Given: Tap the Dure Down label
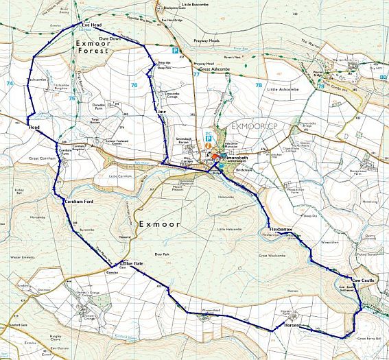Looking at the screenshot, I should [x=109, y=38].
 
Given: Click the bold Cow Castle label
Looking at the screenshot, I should [x=364, y=281].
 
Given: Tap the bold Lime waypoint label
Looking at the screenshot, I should [x=161, y=111].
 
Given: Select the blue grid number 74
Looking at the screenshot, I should [x=10, y=83].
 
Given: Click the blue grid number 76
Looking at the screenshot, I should [x=134, y=85].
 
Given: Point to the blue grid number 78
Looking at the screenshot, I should [x=259, y=85].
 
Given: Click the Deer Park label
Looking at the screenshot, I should [x=161, y=254].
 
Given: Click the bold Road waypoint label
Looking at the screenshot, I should [x=36, y=128].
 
